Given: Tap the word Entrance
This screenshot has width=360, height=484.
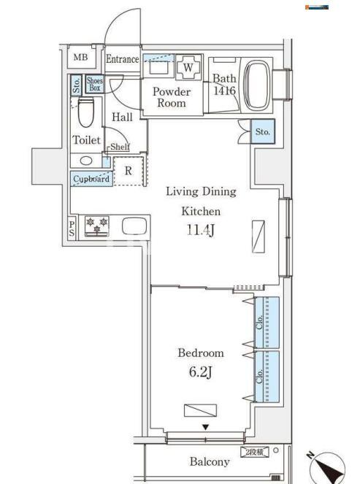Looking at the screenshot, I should [122, 59].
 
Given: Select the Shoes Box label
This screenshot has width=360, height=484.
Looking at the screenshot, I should [94, 84].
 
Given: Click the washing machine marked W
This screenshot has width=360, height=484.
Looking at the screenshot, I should [188, 68].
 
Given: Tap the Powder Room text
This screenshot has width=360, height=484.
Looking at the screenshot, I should [171, 97].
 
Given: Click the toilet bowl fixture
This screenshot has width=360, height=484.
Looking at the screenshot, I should [86, 112].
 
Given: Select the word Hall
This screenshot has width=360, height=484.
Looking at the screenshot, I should [123, 117].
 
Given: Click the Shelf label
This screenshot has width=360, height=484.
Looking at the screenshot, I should [120, 147].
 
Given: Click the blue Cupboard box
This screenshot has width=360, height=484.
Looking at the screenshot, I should [91, 179].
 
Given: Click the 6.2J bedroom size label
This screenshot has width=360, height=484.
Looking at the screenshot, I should [200, 372].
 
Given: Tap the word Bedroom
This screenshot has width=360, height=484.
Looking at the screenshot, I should [201, 353].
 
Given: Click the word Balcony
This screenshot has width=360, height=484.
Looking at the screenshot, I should [210, 461].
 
